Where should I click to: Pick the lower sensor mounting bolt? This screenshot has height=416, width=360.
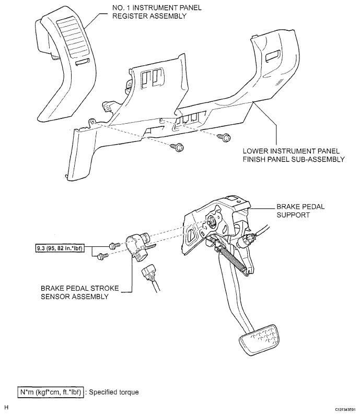click(x=102, y=255)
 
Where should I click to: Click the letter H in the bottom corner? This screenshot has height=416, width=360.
click(x=6, y=407)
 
